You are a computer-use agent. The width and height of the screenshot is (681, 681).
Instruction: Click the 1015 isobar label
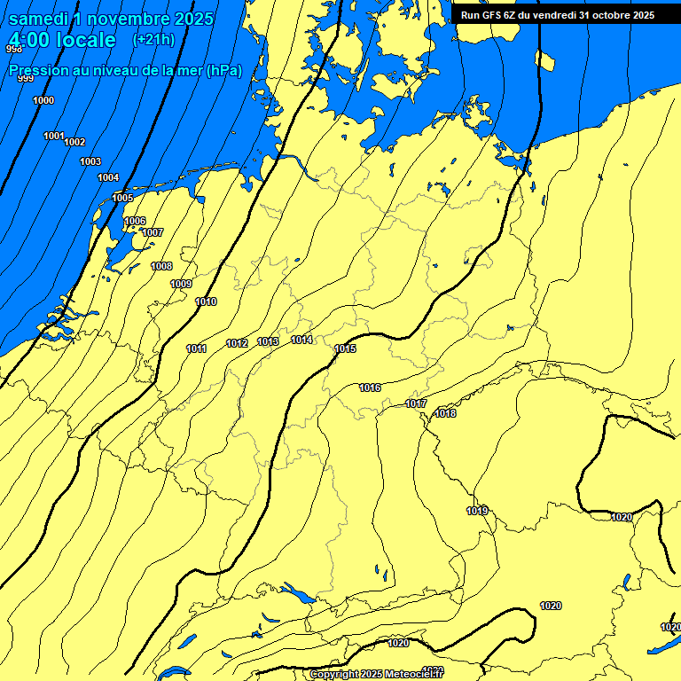tap(345, 349)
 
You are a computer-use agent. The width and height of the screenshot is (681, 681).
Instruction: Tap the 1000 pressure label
tap(43, 100)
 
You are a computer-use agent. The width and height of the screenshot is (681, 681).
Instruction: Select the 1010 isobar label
tap(206, 302)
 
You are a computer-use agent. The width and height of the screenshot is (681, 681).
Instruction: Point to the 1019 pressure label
tap(477, 511)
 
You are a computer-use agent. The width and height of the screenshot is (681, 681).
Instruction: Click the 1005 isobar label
tap(122, 198)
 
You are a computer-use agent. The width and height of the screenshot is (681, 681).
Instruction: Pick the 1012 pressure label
tap(237, 343)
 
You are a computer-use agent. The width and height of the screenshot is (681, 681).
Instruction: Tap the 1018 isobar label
tap(445, 413)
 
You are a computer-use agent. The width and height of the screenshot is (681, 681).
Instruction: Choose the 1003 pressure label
tap(90, 161)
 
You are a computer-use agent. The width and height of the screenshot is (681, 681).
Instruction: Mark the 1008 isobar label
tap(161, 266)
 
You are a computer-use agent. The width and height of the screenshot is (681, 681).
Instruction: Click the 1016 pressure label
tap(370, 388)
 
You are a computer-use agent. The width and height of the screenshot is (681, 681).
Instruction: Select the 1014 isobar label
tap(301, 340)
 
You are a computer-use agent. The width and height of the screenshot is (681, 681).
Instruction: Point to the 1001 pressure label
tap(54, 136)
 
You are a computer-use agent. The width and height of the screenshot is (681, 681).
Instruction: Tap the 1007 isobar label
tap(153, 232)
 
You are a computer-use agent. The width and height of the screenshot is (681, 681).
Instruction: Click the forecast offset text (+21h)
tap(153, 40)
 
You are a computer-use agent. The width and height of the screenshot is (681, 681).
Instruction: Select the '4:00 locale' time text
tap(63, 40)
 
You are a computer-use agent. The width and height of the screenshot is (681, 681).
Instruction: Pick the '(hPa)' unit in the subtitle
tap(223, 70)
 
